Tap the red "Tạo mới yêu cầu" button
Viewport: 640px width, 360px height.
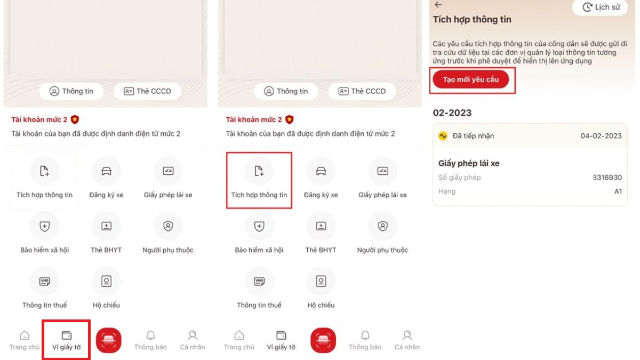tap(470, 79)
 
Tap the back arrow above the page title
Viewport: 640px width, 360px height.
tap(438, 5)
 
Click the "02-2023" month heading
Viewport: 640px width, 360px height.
tap(452, 113)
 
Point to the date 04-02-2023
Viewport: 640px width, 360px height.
tap(601, 135)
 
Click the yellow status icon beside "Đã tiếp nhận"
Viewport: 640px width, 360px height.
tap(443, 135)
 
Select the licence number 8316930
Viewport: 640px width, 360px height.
tap(607, 178)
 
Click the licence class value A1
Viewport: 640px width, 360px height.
tap(618, 191)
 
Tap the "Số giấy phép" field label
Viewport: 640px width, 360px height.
tap(459, 178)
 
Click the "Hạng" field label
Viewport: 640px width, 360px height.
tap(447, 191)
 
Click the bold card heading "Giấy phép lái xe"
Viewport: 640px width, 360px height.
tap(469, 163)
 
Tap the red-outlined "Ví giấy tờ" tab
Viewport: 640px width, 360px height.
tap(66, 340)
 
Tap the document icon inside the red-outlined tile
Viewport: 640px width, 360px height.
tap(259, 171)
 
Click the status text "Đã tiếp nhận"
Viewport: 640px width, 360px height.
tap(473, 135)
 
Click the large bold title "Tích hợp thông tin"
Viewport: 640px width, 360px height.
tap(472, 19)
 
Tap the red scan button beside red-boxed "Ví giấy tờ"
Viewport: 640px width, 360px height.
tap(109, 340)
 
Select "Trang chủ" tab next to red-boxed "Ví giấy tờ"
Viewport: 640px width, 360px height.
tap(25, 340)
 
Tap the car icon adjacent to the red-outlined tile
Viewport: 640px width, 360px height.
tap(321, 171)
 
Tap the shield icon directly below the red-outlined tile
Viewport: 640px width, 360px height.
tap(259, 226)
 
